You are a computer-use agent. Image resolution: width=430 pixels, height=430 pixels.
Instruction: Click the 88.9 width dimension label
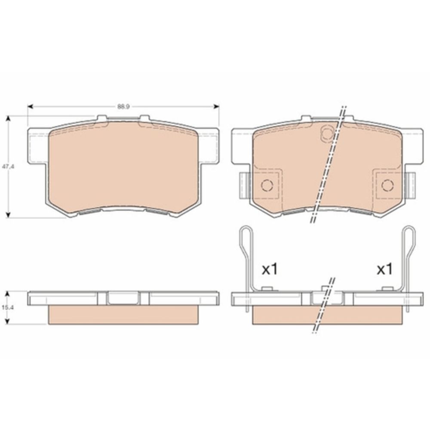click(x=123, y=107)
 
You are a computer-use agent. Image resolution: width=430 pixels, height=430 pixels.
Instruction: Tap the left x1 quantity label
click(x=270, y=269)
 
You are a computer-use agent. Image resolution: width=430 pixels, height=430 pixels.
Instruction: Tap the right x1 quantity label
click(x=384, y=269)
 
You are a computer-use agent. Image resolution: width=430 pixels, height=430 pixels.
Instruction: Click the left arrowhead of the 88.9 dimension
click(x=31, y=106)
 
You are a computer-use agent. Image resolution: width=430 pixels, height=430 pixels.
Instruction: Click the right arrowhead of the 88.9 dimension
click(x=216, y=106)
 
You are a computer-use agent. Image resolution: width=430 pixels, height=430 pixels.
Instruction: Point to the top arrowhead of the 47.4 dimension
click(x=8, y=119)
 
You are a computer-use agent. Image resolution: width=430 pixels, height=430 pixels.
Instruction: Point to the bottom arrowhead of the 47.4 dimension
click(x=8, y=215)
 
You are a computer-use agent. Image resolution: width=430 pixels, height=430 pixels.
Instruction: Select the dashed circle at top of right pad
click(x=327, y=134)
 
